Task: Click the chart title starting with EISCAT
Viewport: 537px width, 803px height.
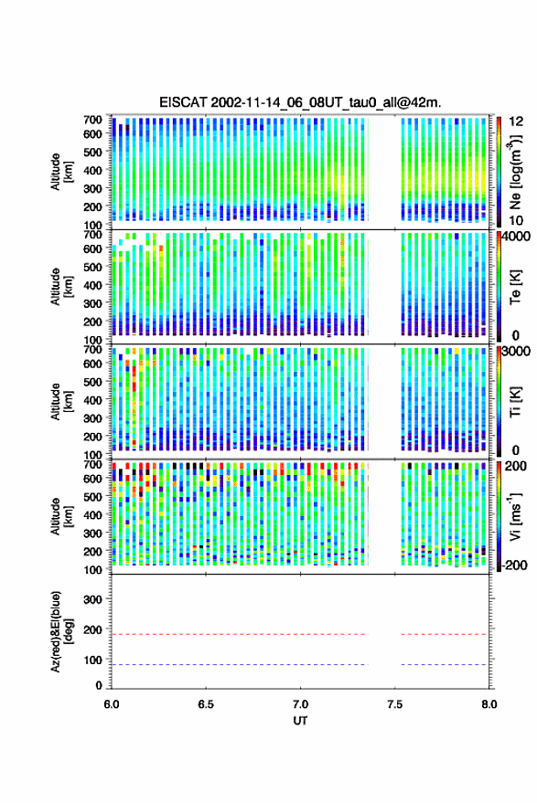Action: (x=300, y=102)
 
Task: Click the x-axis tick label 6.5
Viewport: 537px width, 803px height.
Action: (x=206, y=704)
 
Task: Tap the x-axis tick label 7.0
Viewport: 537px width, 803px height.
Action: (x=300, y=704)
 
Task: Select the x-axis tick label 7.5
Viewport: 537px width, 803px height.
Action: (x=394, y=704)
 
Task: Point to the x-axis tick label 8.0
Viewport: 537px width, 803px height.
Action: (x=489, y=704)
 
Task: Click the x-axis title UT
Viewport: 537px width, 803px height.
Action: (x=300, y=721)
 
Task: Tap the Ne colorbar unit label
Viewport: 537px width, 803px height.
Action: (x=515, y=172)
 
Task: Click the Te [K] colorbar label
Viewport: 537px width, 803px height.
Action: (x=515, y=287)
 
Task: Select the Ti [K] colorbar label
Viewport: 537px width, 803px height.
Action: (x=515, y=402)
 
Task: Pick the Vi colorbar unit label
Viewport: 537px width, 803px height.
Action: (x=515, y=516)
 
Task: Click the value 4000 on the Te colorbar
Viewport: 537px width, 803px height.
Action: (x=517, y=237)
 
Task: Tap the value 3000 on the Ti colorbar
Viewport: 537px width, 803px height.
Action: (x=517, y=352)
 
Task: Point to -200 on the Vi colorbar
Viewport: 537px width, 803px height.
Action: (x=514, y=565)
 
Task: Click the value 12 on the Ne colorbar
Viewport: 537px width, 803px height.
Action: (x=516, y=122)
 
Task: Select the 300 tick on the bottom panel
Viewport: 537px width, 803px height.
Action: (x=92, y=599)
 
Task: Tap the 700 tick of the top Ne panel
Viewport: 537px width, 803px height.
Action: (x=92, y=120)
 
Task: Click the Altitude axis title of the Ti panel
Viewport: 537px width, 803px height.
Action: (x=60, y=402)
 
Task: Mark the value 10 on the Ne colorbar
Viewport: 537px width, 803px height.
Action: (x=516, y=221)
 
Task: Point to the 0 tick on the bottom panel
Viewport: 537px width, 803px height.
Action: (x=99, y=685)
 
